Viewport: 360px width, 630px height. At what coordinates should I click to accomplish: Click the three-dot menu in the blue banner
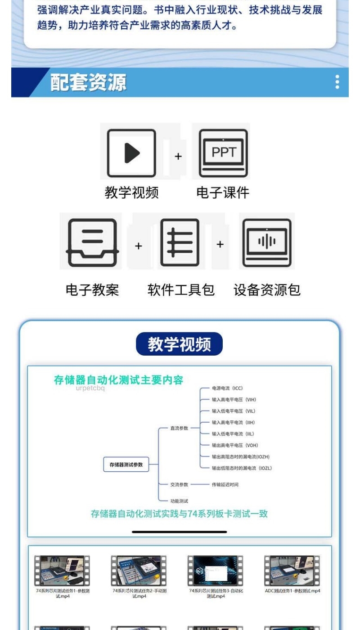[x=337, y=82]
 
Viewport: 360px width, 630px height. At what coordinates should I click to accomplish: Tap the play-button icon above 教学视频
[x=131, y=153]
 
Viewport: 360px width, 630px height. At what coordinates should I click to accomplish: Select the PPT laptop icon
[x=223, y=153]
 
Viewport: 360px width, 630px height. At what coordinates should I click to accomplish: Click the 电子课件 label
[x=223, y=193]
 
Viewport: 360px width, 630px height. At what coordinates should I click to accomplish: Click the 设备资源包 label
[x=267, y=290]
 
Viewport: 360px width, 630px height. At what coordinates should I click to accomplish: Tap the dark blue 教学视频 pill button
[x=179, y=344]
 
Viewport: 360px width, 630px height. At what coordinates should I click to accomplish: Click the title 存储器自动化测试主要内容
[x=119, y=380]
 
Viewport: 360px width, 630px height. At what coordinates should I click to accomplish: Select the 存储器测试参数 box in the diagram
[x=126, y=465]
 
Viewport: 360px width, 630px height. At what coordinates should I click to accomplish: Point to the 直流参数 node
[x=179, y=428]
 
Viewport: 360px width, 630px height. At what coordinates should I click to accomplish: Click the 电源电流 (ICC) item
[x=227, y=388]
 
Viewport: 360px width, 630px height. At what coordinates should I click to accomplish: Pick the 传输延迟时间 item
[x=225, y=485]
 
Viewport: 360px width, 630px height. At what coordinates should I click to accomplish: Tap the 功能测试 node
[x=179, y=500]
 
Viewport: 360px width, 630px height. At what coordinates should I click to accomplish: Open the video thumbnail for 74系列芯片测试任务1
[x=62, y=570]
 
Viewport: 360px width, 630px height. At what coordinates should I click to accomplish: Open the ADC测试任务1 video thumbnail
[x=292, y=570]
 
